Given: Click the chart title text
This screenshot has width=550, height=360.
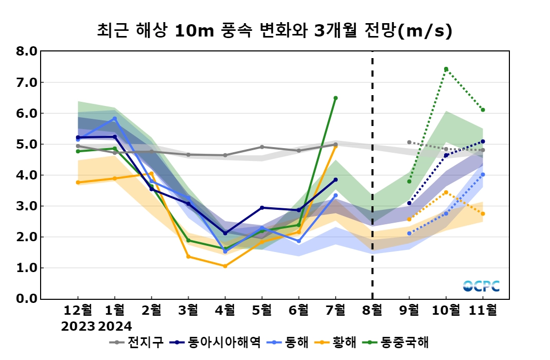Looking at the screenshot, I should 274,31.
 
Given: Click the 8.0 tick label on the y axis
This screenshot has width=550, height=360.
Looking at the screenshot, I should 27,51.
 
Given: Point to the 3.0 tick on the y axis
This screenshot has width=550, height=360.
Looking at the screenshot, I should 27,206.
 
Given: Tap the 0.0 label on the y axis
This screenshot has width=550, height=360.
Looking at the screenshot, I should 27,299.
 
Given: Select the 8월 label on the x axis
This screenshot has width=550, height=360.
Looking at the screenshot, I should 372,310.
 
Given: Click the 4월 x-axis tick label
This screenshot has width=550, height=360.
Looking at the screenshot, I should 225,310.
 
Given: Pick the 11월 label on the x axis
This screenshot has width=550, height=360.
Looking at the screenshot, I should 483,310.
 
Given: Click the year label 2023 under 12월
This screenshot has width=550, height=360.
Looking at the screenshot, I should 78,326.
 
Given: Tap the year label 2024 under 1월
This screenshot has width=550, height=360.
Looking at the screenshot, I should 115,326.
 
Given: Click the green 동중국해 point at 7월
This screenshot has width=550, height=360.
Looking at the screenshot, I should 336,98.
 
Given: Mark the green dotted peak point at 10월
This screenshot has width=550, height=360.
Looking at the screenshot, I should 446,69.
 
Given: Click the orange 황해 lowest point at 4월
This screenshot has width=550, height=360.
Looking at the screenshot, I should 225,266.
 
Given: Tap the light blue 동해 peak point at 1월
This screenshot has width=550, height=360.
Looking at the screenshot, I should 115,118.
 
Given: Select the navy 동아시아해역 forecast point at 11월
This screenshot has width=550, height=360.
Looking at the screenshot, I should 483,141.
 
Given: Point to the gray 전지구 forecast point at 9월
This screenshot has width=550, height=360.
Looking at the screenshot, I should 409,142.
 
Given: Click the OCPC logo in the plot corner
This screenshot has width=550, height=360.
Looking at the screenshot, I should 481,286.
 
